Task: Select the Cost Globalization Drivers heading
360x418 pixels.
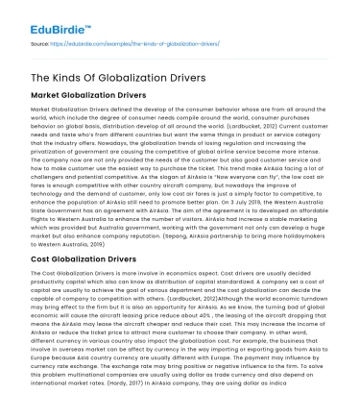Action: pyautogui.click(x=88, y=258)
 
